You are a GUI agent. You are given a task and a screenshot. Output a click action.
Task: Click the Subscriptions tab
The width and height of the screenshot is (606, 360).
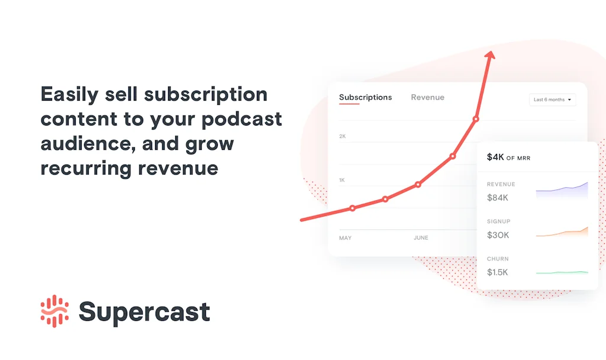pyautogui.click(x=365, y=98)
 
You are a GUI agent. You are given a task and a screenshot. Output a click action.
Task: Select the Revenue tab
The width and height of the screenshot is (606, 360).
pyautogui.click(x=427, y=98)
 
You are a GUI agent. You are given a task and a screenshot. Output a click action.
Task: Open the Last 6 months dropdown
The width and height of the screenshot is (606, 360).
pyautogui.click(x=552, y=99)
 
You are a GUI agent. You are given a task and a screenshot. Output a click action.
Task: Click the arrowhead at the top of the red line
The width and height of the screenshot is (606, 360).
pyautogui.click(x=490, y=55)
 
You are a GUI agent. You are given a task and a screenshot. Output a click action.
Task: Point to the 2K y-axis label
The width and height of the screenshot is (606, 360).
pyautogui.click(x=343, y=136)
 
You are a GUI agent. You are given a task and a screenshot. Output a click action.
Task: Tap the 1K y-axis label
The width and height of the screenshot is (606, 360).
pyautogui.click(x=342, y=180)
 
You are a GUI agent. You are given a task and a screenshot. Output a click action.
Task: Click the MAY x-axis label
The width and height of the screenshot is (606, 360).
pyautogui.click(x=345, y=238)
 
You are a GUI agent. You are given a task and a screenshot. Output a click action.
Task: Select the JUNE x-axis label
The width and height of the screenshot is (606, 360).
pyautogui.click(x=421, y=238)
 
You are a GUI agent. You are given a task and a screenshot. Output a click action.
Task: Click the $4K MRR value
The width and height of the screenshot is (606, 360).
pyautogui.click(x=495, y=157)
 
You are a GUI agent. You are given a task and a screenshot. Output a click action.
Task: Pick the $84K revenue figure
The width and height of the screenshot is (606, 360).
pyautogui.click(x=497, y=198)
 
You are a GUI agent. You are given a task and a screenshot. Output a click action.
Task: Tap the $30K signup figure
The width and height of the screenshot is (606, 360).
pyautogui.click(x=498, y=235)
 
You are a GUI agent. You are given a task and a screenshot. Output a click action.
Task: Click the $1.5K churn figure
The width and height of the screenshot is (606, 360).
pyautogui.click(x=497, y=272)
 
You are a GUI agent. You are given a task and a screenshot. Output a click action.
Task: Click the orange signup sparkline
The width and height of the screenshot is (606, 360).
pyautogui.click(x=562, y=232)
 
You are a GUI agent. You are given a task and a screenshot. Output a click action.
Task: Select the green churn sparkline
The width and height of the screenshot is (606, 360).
pyautogui.click(x=562, y=272)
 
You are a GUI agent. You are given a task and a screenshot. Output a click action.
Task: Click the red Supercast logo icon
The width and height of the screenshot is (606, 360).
pyautogui.click(x=54, y=311)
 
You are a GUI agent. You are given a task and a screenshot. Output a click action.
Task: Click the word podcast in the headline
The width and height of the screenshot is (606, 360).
pyautogui.click(x=241, y=119)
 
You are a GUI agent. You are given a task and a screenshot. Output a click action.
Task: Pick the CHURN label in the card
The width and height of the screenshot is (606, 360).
pyautogui.click(x=498, y=259)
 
